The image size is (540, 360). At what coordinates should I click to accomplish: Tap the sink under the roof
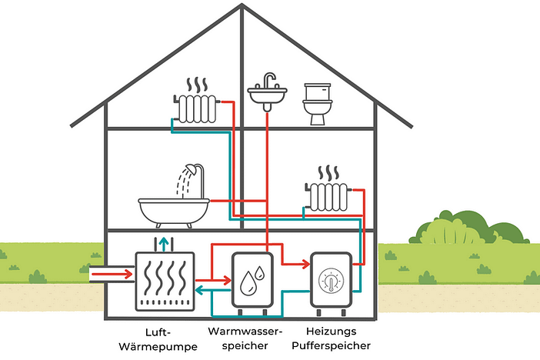[268, 95]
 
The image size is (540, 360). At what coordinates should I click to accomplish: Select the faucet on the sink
[267, 80]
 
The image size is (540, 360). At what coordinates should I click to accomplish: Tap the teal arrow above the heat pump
[162, 245]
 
